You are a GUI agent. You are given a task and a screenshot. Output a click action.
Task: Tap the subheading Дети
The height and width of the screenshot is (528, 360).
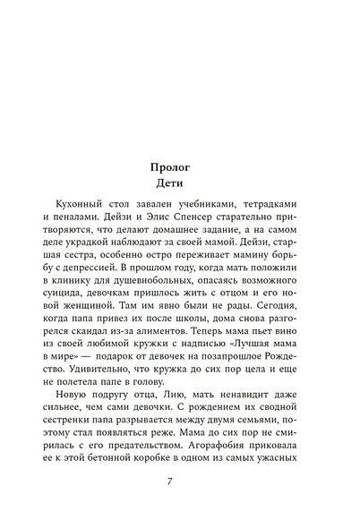(x=180, y=183)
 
